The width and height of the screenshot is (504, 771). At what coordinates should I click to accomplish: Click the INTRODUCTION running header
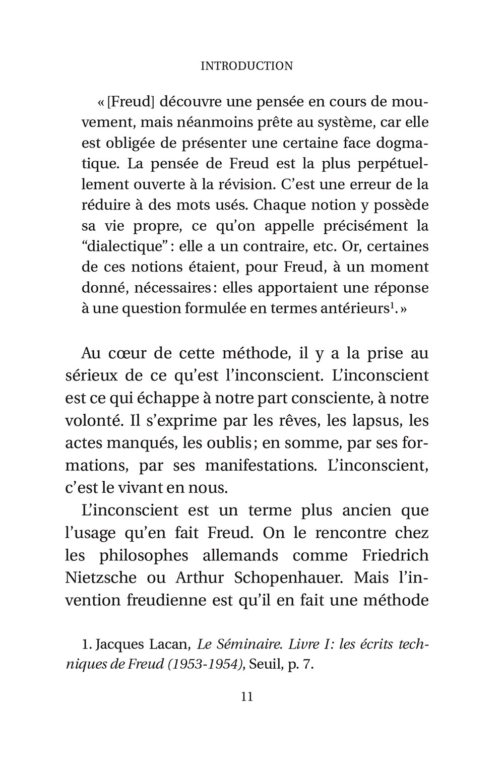click(246, 66)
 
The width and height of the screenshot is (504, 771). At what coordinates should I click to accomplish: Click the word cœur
click(130, 353)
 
